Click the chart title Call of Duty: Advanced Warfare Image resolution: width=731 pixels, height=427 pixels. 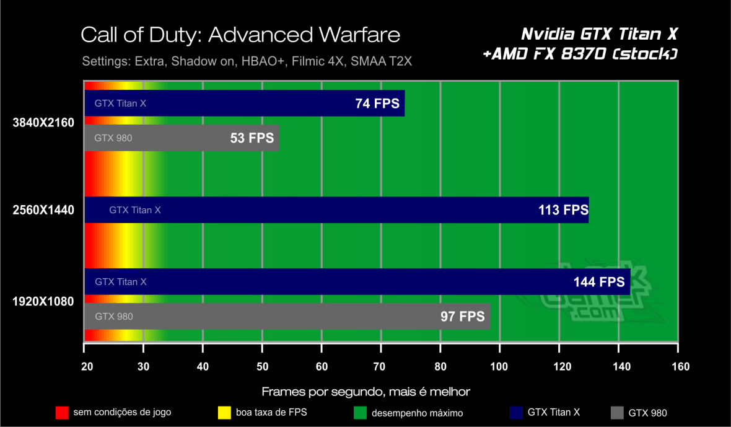(240, 35)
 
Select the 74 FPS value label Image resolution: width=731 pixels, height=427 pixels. (377, 103)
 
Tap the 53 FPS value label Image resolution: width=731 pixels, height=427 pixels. (252, 138)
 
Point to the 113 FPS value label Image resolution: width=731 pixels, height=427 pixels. (562, 210)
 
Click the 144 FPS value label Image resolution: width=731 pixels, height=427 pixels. (599, 282)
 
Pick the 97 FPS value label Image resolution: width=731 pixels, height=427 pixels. (462, 317)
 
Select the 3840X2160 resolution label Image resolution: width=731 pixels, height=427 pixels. (43, 122)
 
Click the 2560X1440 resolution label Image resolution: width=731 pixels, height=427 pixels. (43, 210)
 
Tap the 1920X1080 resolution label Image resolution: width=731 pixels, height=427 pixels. (43, 302)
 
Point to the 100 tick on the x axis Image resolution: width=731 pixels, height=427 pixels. (499, 366)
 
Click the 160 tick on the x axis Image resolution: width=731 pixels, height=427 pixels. (680, 366)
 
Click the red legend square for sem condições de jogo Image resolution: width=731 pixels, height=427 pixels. (61, 412)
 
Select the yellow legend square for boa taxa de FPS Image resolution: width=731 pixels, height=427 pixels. (224, 412)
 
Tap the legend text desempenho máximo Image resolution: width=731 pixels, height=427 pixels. (417, 413)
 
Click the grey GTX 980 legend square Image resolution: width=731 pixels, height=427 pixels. (616, 412)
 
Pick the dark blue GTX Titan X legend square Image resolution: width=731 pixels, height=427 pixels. (515, 412)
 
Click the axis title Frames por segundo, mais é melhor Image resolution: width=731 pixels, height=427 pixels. (365, 392)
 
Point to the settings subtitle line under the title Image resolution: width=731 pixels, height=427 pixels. (247, 62)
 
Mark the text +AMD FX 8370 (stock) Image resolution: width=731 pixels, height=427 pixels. (580, 55)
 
